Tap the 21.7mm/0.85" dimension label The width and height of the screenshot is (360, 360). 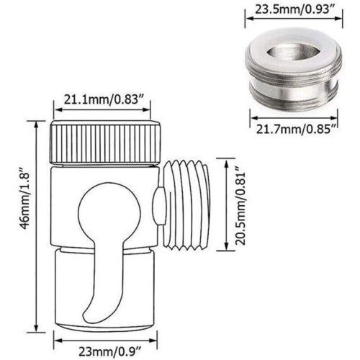(x=296, y=130)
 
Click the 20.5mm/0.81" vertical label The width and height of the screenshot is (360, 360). (x=240, y=208)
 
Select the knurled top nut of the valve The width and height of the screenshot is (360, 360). (x=105, y=143)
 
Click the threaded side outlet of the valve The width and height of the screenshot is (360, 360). (x=186, y=205)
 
